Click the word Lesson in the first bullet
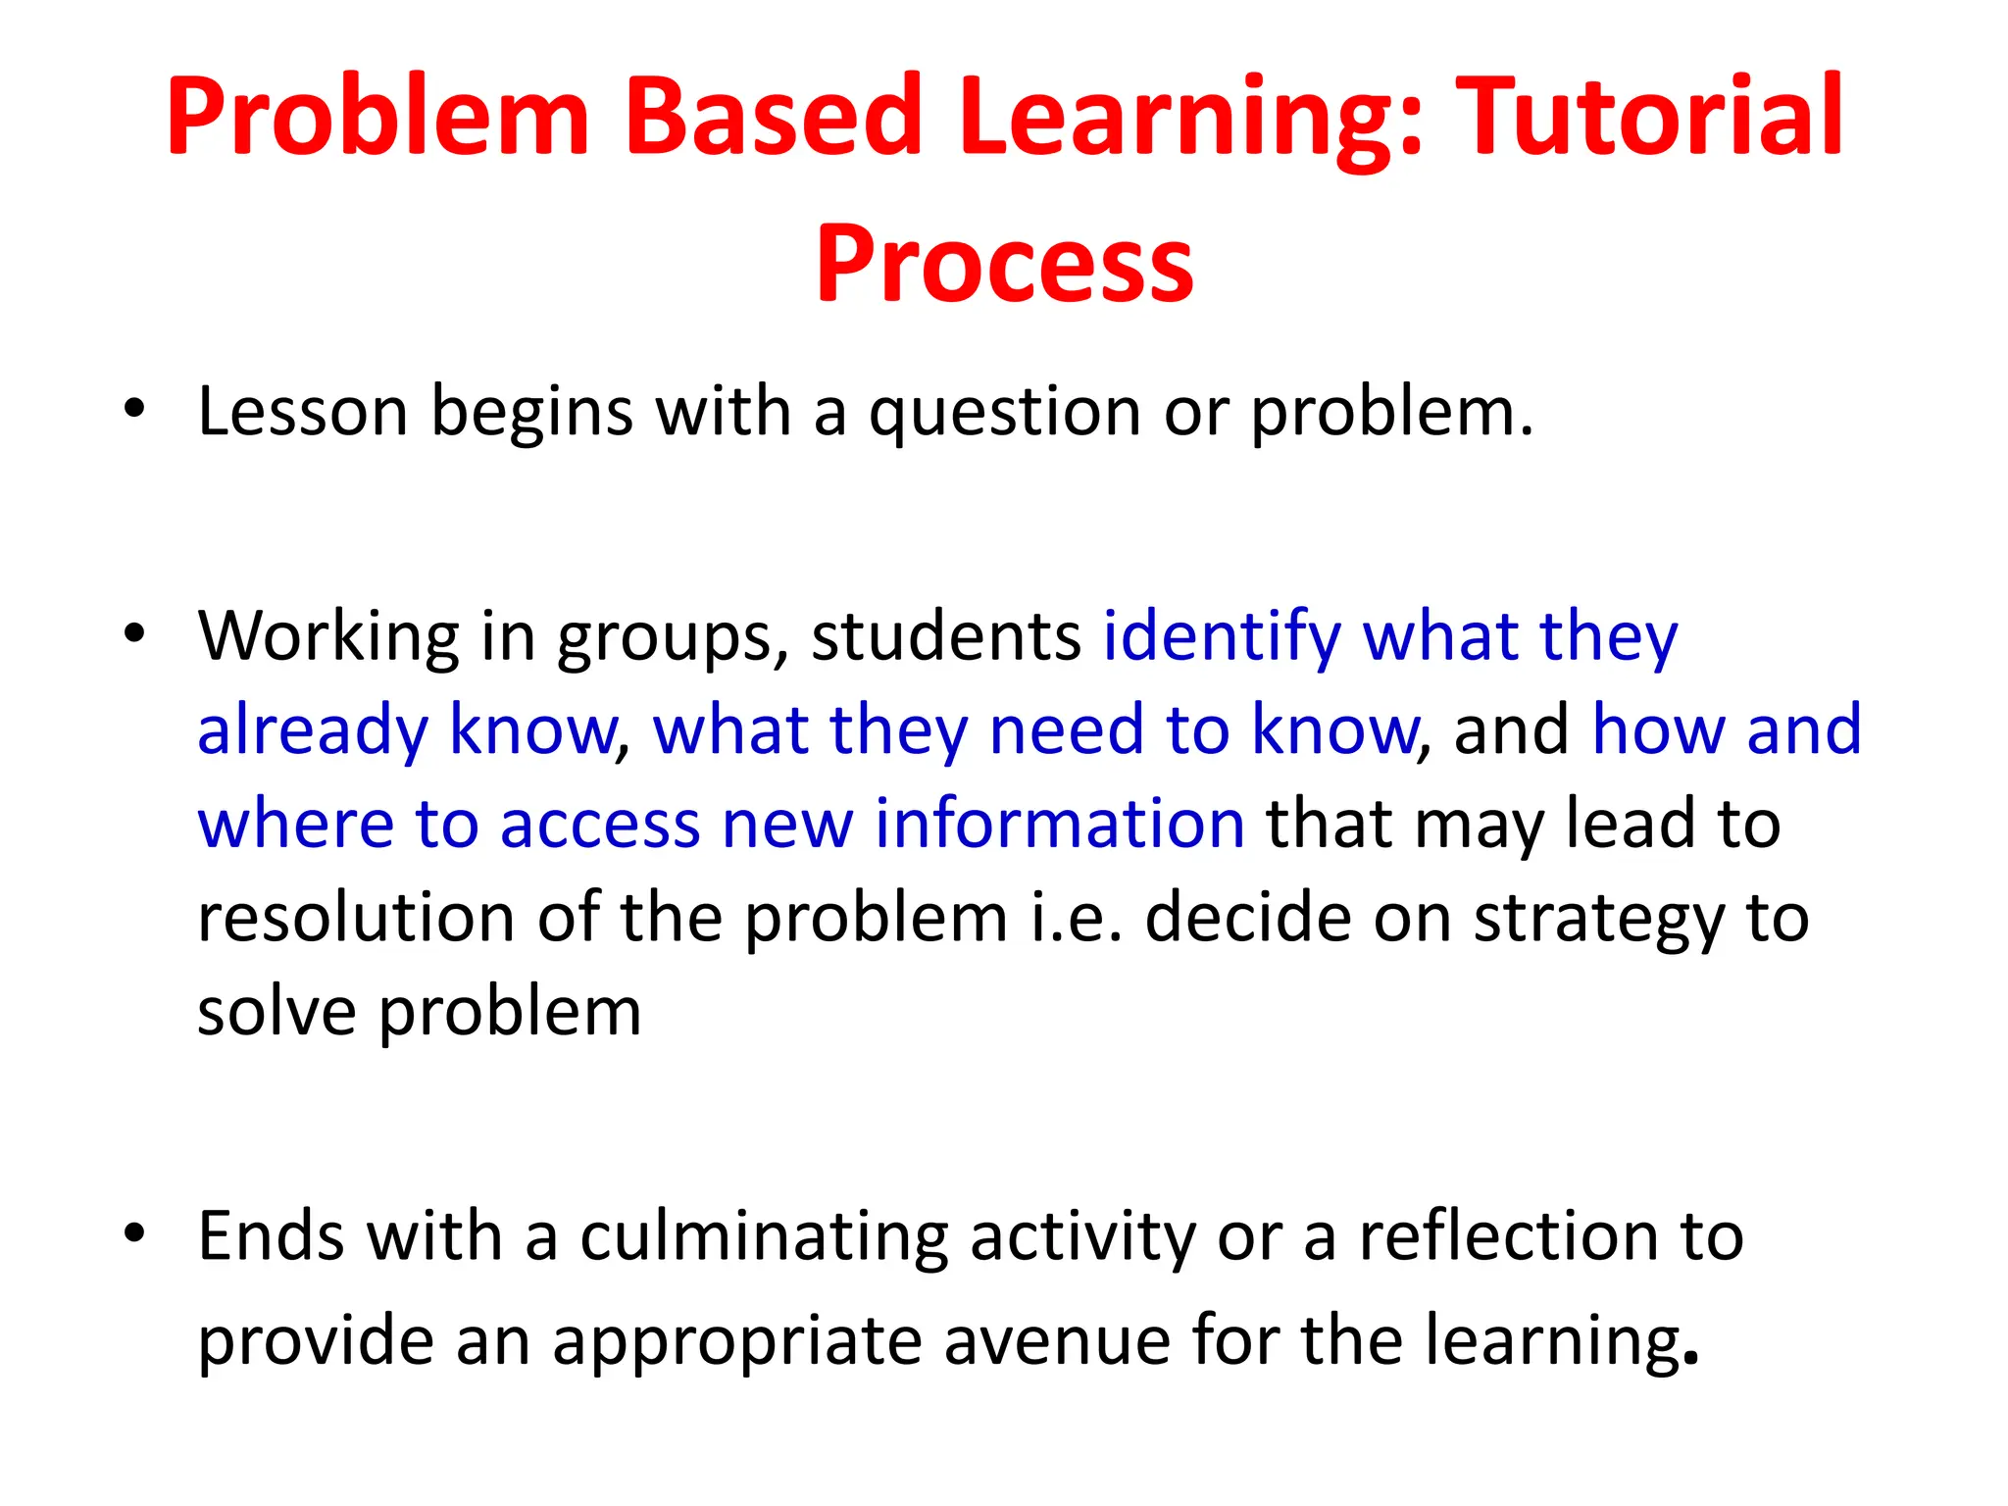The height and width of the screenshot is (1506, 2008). [302, 412]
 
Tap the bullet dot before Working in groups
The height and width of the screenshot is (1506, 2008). [134, 633]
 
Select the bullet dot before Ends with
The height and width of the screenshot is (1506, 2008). [134, 1233]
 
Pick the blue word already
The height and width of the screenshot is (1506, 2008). [313, 731]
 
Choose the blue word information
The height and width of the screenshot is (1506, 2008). [1059, 824]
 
